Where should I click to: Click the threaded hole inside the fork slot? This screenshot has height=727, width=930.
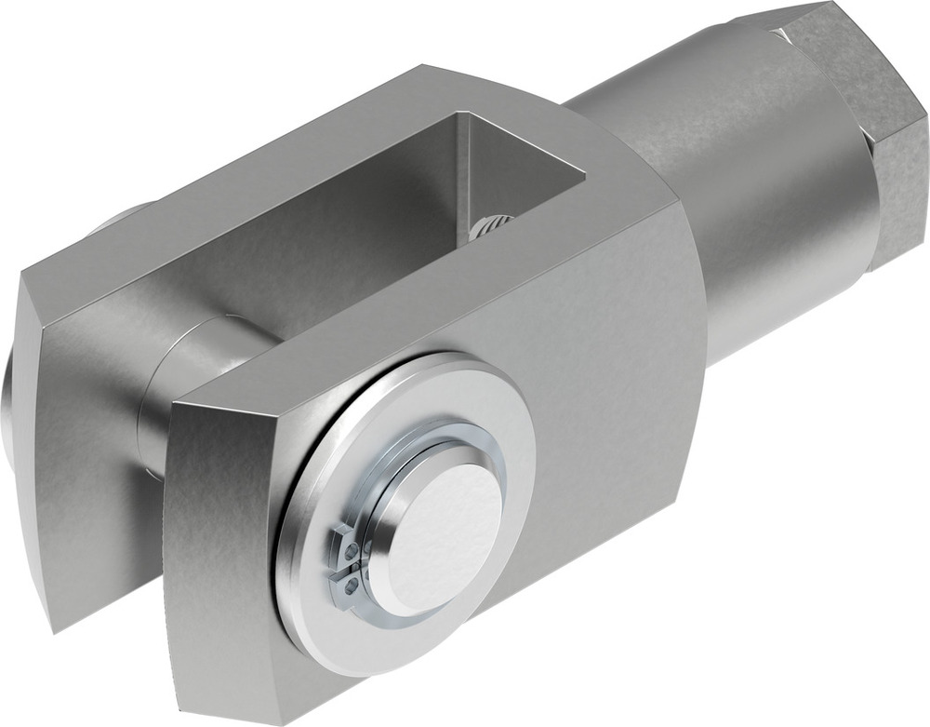[495, 226]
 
